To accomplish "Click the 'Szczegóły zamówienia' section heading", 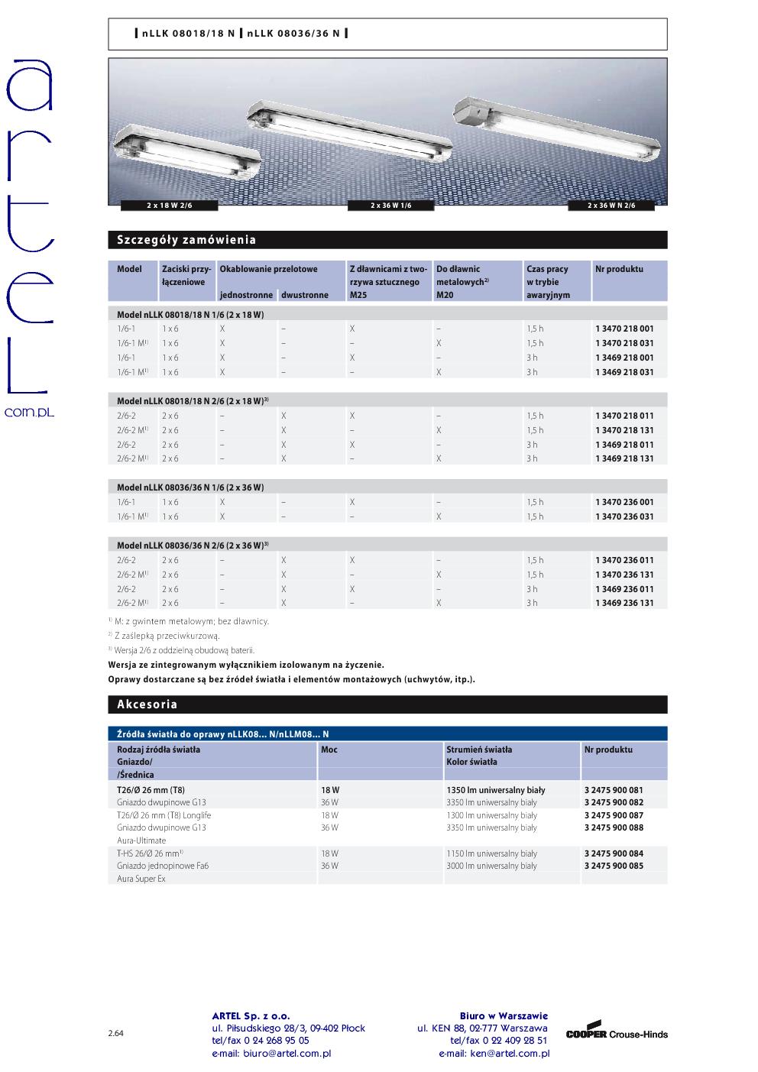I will click(x=186, y=240).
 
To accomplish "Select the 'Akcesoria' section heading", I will click(x=147, y=704).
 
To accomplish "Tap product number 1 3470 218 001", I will click(x=624, y=329).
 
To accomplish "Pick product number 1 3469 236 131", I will click(x=624, y=603).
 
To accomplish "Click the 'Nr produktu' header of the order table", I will click(x=619, y=269).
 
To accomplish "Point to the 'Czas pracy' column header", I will click(x=547, y=269).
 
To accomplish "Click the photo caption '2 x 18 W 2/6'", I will click(x=170, y=206).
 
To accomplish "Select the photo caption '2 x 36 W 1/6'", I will click(x=391, y=206).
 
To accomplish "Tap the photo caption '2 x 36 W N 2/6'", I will click(x=611, y=206).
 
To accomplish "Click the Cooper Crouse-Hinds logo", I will click(x=617, y=1033).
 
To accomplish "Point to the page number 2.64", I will click(x=115, y=1033).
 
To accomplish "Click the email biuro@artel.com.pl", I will click(x=271, y=1054).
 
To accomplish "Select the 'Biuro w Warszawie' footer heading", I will click(x=504, y=1015).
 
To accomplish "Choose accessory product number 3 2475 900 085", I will click(x=614, y=866).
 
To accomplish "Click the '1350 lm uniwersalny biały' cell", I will click(x=495, y=790).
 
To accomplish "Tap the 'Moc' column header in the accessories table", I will click(x=329, y=750).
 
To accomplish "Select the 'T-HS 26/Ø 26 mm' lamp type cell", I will click(x=149, y=853).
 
